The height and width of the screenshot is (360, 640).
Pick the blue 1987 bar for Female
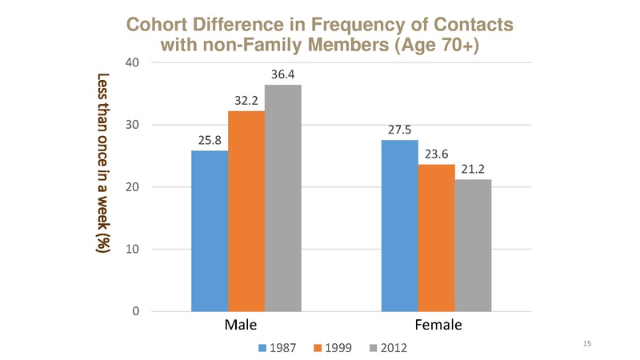(x=399, y=225)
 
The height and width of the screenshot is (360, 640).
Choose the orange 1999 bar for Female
(x=436, y=237)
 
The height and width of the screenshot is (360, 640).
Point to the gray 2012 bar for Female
(x=473, y=245)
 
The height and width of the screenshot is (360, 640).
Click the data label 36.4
(x=284, y=74)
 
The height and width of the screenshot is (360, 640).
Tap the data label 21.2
(x=474, y=169)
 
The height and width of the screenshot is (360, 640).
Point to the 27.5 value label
(x=401, y=130)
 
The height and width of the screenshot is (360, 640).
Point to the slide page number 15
(x=587, y=343)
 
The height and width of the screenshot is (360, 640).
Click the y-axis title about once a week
(x=102, y=164)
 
